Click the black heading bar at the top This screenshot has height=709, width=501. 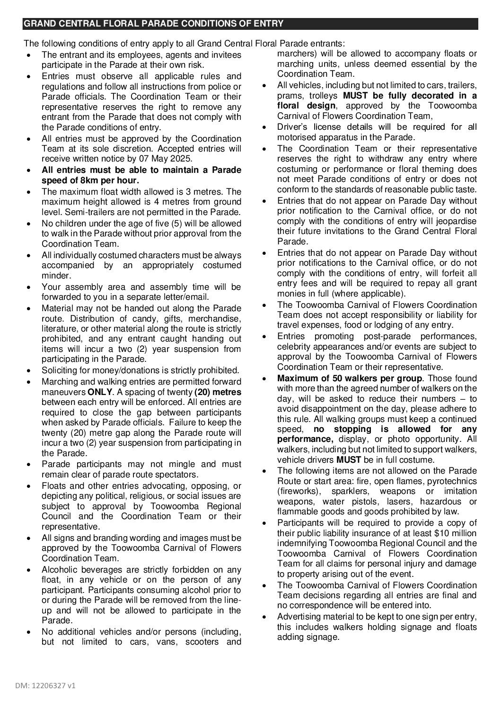pyautogui.click(x=250, y=24)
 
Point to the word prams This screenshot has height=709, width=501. pyautogui.click(x=287, y=96)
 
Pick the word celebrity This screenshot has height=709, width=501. pyautogui.click(x=294, y=347)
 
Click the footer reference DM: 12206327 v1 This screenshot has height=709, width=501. pyautogui.click(x=48, y=685)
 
